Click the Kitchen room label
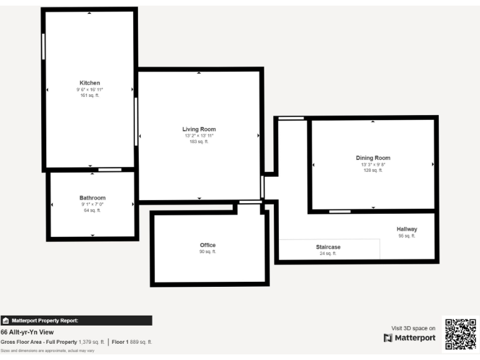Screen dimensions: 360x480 89,83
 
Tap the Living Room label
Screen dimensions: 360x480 199,129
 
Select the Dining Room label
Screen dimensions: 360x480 372,158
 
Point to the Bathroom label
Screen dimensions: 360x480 92,197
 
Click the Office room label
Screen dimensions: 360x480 207,245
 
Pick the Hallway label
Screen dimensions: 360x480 406,229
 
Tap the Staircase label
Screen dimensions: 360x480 328,247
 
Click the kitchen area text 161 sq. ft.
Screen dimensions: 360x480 89,96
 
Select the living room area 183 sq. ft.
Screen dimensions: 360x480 199,142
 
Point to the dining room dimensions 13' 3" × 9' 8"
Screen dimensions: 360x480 372,164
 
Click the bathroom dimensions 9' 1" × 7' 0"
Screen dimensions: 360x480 92,204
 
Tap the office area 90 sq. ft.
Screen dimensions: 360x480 207,252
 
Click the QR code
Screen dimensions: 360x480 460,334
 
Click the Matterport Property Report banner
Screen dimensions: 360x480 76,321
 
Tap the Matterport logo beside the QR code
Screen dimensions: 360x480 409,338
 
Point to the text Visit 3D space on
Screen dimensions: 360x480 413,328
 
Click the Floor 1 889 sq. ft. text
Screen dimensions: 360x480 132,342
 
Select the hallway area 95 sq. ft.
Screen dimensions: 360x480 406,236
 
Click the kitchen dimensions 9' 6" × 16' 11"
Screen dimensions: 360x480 89,89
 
